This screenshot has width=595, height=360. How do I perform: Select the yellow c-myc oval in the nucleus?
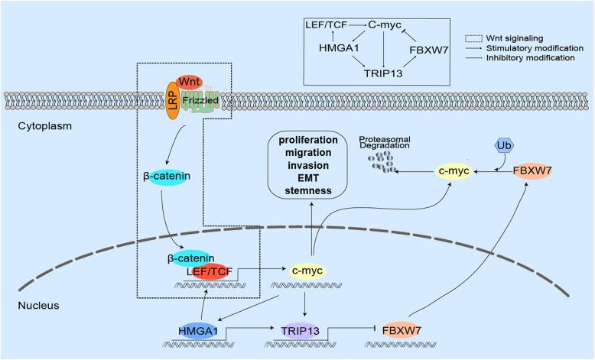309,270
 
